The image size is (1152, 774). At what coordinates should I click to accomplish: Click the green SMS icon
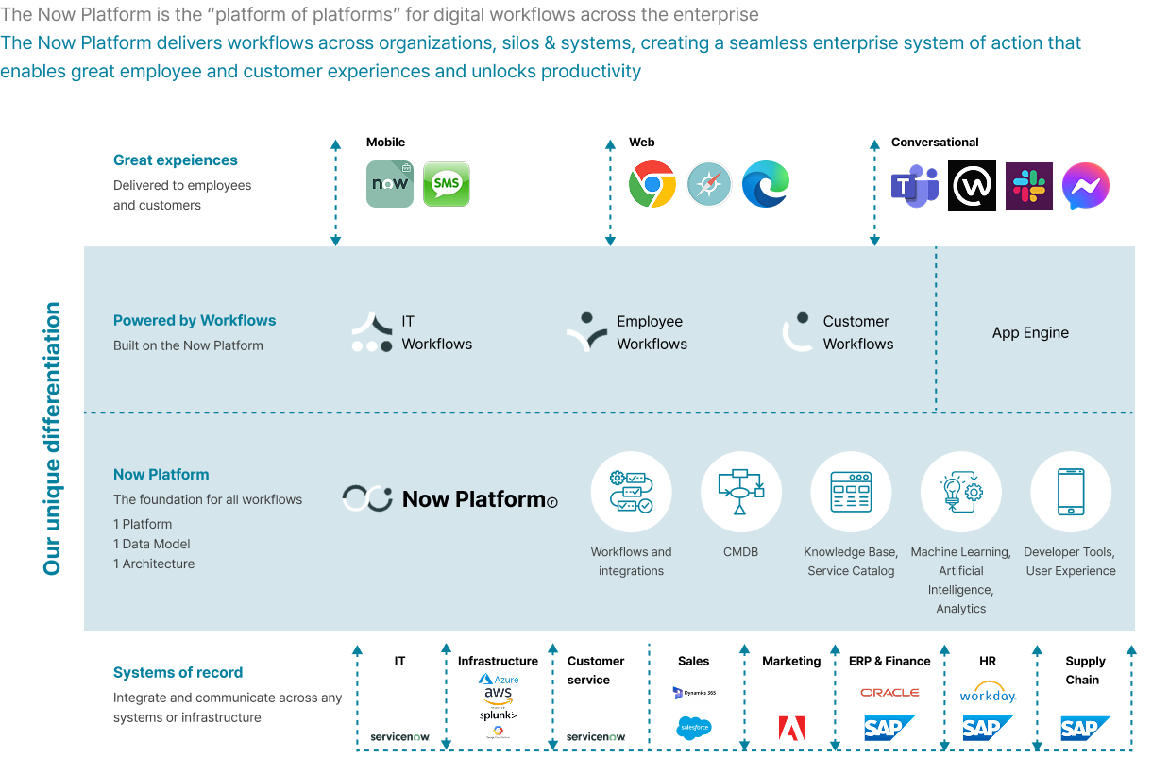447,184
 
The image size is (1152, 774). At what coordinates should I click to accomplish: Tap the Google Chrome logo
652,184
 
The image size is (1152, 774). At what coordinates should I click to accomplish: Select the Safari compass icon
709,184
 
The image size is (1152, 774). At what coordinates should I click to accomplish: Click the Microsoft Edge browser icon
766,184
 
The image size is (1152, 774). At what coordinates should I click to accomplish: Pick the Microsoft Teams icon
915,186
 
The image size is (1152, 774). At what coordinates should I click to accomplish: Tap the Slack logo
1029,186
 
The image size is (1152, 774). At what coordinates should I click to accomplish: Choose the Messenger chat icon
1086,186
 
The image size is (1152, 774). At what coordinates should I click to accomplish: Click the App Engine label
1030,333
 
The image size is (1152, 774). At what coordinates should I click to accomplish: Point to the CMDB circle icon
741,492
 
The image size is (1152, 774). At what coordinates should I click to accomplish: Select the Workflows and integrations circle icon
631,492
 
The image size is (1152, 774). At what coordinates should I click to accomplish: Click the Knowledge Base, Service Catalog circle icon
851,492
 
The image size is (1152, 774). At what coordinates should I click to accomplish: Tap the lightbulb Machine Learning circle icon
961,492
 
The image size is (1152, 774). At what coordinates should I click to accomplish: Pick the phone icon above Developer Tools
1071,492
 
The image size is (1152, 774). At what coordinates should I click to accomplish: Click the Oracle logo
889,692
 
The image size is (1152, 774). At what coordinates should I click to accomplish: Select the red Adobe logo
791,727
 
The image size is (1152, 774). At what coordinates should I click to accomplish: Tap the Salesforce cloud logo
694,728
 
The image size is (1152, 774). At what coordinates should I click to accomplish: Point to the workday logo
988,694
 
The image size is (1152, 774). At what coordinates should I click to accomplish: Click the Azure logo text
500,679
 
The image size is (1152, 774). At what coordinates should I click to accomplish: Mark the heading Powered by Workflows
195,321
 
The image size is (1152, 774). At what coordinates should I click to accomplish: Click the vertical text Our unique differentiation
52,438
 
